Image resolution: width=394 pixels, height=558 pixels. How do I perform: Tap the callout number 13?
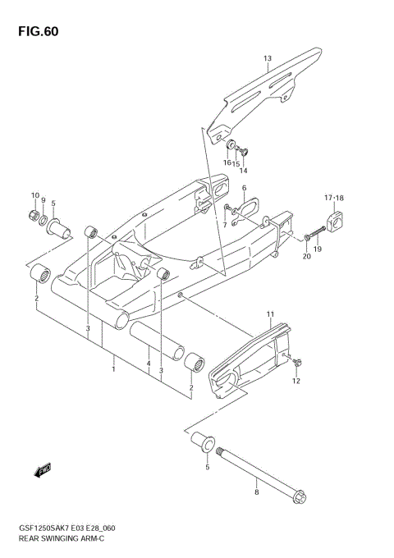coord(268,59)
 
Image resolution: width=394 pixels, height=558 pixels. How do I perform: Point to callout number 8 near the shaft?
coord(256,492)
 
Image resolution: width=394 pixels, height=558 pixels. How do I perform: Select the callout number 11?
coord(268,314)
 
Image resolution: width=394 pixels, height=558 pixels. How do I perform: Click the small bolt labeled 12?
coord(296,362)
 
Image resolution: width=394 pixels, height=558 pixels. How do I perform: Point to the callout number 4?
coord(148,364)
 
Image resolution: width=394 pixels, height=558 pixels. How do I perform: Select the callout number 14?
coord(244,171)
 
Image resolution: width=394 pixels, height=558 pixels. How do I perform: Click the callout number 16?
coord(226,163)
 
